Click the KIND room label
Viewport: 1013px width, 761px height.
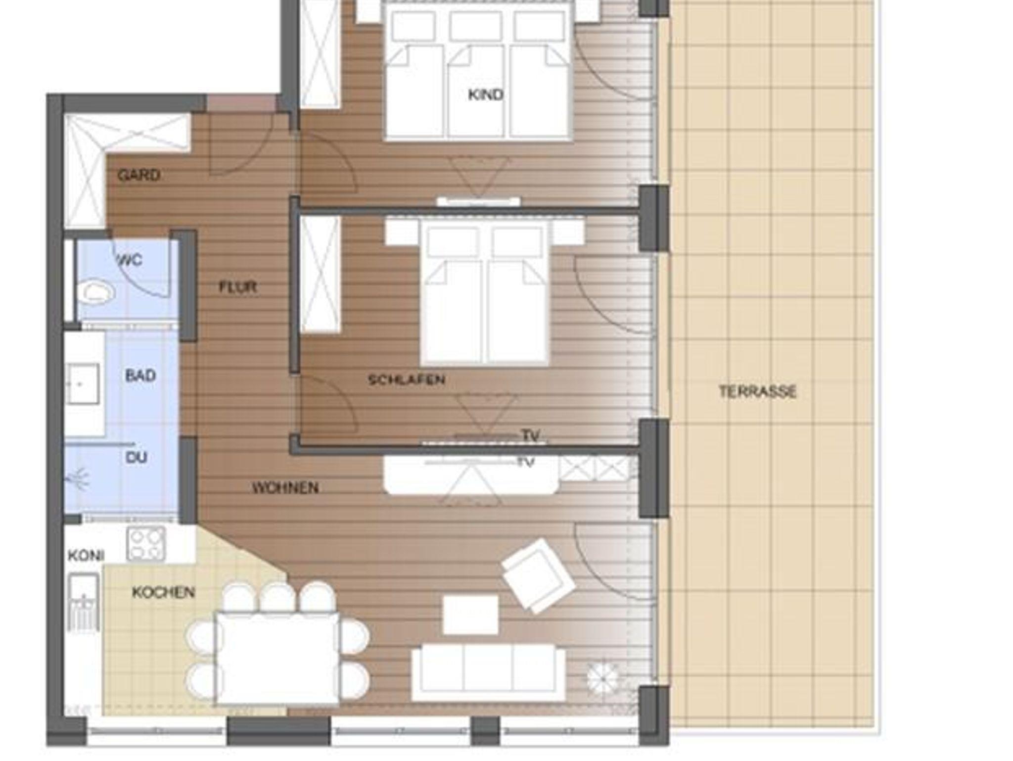(x=485, y=95)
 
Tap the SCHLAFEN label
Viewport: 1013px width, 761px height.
(x=407, y=380)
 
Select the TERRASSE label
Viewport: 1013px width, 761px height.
(x=757, y=392)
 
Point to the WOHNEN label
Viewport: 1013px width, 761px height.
(x=285, y=488)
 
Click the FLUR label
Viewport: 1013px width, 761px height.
(x=238, y=287)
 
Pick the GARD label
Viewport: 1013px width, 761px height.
(x=139, y=175)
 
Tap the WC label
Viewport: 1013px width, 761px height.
(x=130, y=260)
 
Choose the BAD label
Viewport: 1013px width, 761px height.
(x=140, y=376)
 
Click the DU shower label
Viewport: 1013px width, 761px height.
(x=137, y=457)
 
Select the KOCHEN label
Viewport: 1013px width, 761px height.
(x=163, y=592)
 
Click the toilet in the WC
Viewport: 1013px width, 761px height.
(x=96, y=292)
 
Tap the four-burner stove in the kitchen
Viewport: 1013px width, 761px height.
(x=146, y=544)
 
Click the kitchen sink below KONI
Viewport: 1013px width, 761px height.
(x=84, y=603)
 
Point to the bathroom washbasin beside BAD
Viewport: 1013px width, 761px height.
(x=84, y=383)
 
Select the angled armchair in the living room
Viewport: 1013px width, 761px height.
(x=539, y=575)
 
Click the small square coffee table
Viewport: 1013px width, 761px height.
(x=470, y=615)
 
